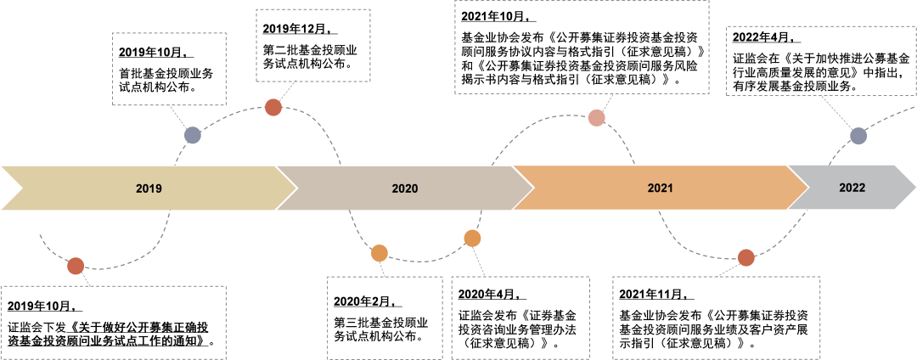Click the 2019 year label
[x=149, y=188]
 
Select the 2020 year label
[x=405, y=188]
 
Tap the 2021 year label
[x=659, y=188]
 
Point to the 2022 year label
[x=852, y=188]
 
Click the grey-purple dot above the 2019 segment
[x=193, y=135]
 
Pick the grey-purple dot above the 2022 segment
[x=858, y=136]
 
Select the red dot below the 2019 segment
[x=76, y=266]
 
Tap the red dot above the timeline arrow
[x=273, y=107]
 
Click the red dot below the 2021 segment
[x=745, y=257]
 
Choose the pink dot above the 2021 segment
[x=597, y=118]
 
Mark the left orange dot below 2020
[x=380, y=253]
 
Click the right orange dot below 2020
[x=472, y=239]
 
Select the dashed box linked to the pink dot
[x=582, y=48]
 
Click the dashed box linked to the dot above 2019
[x=169, y=69]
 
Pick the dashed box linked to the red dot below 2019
[x=113, y=322]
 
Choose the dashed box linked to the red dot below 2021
[x=716, y=317]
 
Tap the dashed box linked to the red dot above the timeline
[x=313, y=45]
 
